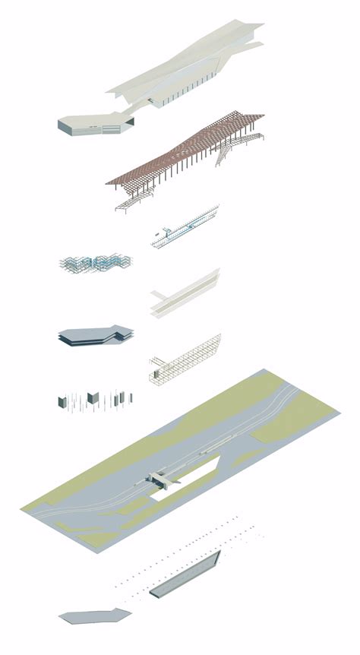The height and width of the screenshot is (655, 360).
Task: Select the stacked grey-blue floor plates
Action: click(95, 336)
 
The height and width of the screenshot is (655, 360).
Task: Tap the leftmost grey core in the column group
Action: click(62, 401)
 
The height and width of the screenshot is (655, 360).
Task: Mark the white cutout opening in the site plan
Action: click(190, 479)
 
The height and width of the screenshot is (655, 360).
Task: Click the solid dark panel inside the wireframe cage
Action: click(157, 373)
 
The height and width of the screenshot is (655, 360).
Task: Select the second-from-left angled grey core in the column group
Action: click(93, 399)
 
